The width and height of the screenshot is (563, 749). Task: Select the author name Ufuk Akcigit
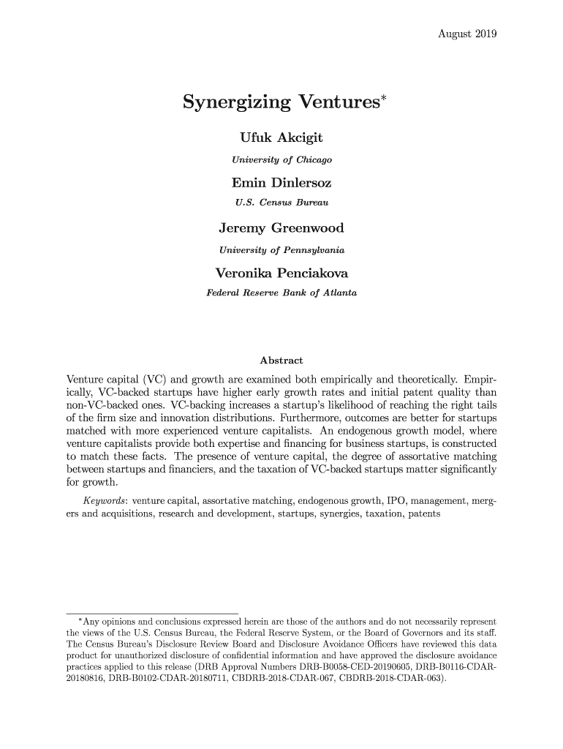(281, 138)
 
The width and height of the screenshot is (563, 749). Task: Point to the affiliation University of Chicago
(281, 159)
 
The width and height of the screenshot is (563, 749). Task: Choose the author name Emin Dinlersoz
(281, 182)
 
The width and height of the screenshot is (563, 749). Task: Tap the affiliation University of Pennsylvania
(281, 251)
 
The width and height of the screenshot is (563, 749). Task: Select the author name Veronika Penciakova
(281, 275)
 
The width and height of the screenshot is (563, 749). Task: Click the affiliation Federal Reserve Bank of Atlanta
(281, 294)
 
